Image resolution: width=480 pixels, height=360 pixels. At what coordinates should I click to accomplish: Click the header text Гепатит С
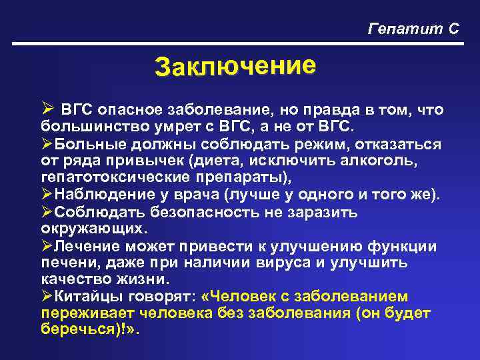click(413, 29)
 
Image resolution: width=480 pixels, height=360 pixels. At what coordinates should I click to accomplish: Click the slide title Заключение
click(233, 67)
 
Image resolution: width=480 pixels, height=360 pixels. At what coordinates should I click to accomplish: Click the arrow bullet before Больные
click(47, 143)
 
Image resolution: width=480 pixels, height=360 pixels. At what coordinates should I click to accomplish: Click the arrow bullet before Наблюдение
click(47, 195)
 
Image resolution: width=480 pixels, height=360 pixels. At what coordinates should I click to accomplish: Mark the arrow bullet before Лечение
click(47, 246)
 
